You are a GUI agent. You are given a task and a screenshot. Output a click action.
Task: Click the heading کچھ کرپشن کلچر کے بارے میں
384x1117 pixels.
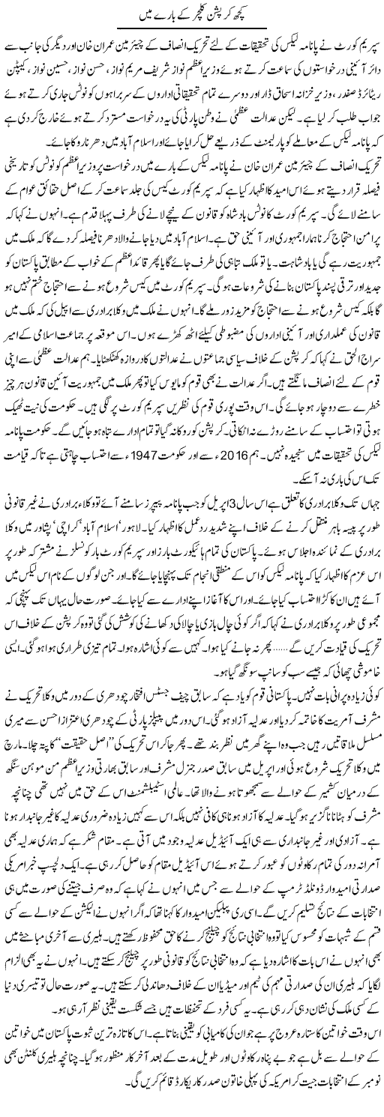[191, 16]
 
